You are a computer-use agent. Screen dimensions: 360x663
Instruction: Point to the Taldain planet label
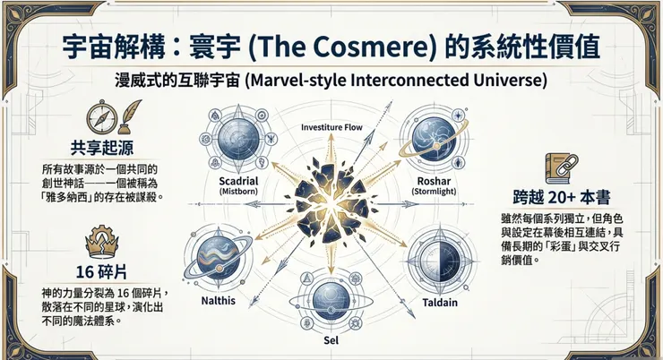click(x=440, y=303)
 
